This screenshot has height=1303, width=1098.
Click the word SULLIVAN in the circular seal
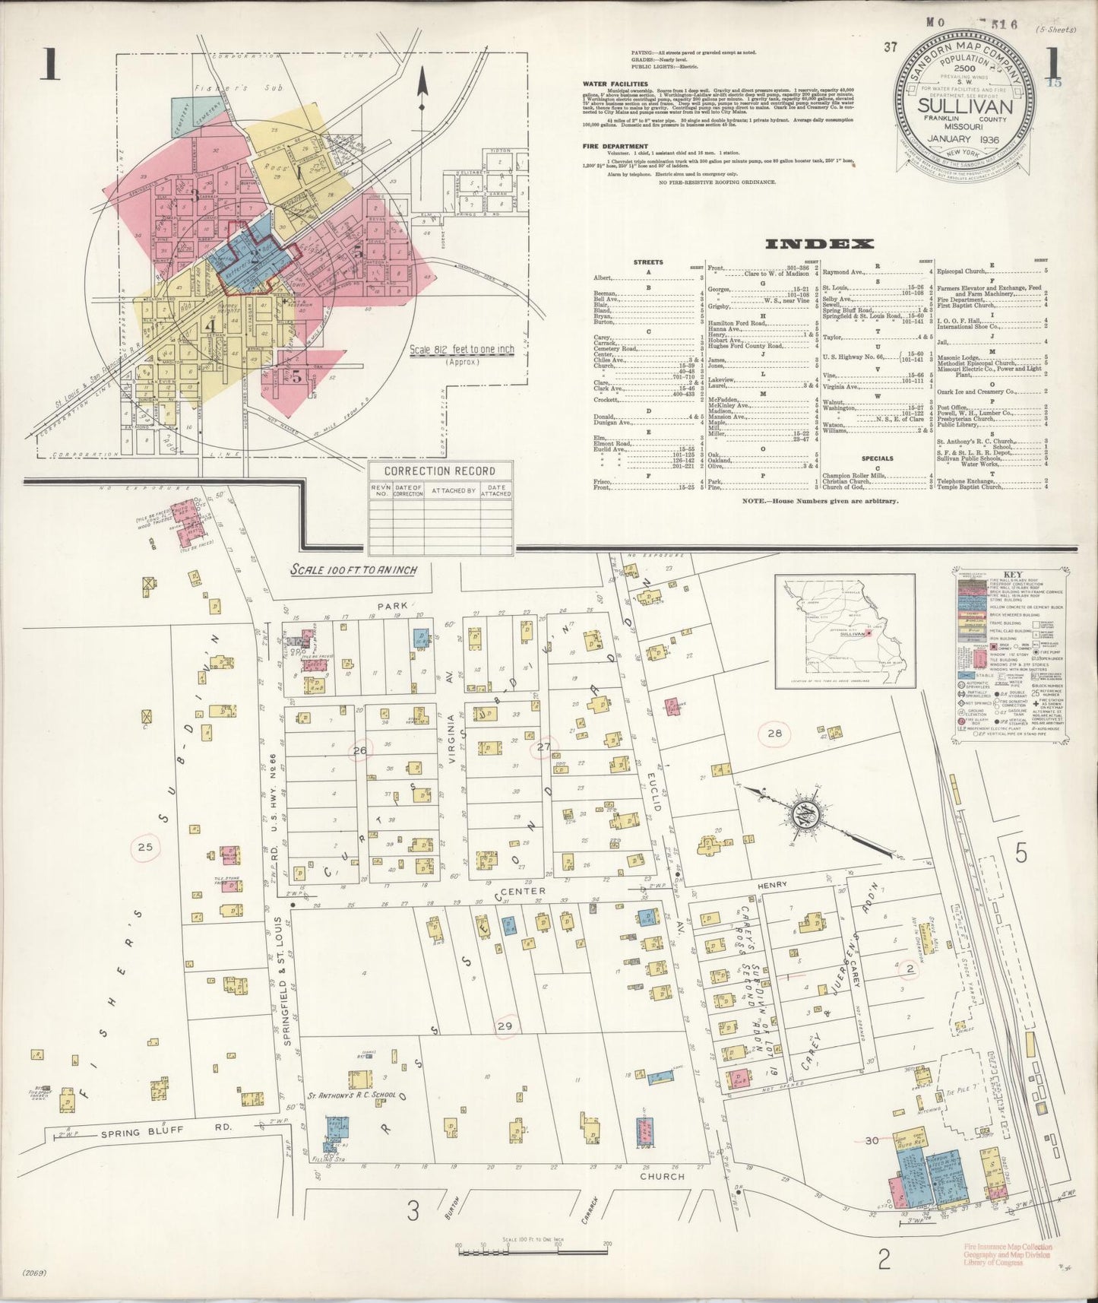[966, 106]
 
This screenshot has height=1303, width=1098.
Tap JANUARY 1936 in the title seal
[966, 139]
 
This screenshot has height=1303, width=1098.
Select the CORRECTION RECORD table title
[440, 471]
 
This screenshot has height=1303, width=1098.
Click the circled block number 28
[774, 734]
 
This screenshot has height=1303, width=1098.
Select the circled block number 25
[145, 845]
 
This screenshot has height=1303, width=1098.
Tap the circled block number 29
[505, 1026]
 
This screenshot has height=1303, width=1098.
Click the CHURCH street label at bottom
[662, 1175]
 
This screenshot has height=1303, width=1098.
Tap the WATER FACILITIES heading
[615, 84]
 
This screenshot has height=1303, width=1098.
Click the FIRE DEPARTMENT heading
[614, 146]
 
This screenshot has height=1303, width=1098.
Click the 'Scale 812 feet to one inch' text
[462, 350]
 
